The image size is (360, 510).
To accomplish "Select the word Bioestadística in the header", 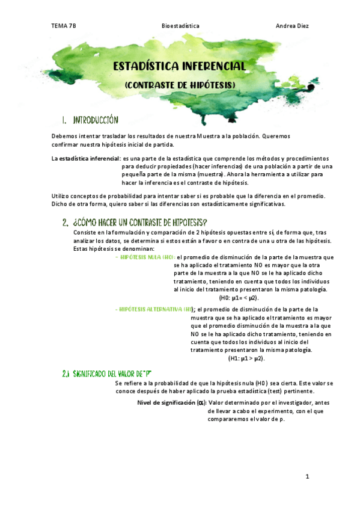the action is (180, 26).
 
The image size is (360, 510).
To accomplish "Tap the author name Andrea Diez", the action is (292, 26).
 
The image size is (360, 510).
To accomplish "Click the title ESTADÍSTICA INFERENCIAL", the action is (180, 66).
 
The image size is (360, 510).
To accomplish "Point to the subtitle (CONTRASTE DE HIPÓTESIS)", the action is (180, 85).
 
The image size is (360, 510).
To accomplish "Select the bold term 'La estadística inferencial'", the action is (85, 158).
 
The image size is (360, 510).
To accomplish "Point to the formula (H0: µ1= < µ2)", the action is (239, 297).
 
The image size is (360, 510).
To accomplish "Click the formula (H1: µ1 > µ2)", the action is (246, 358).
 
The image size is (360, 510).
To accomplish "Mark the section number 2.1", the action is (66, 373).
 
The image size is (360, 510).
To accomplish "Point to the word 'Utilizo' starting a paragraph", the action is (61, 195).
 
